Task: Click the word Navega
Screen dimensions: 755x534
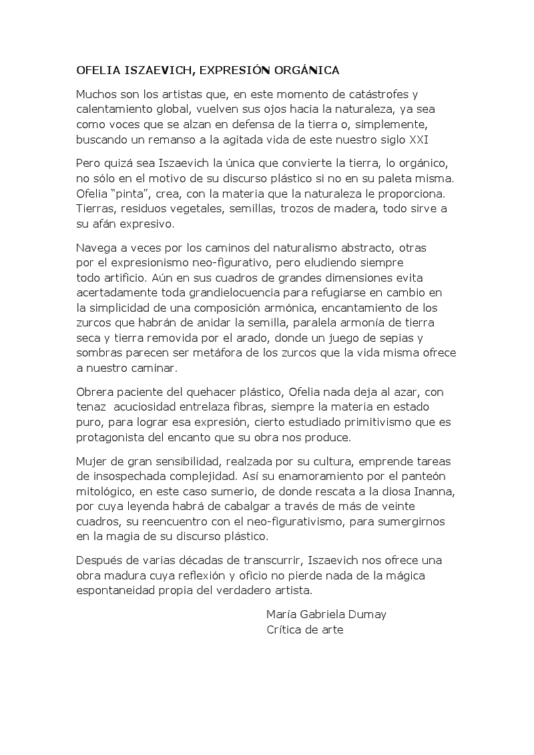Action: point(97,247)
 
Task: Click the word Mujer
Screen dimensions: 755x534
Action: point(93,461)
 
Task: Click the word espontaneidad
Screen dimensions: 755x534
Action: point(118,591)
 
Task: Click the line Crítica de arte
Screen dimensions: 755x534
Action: point(304,630)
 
